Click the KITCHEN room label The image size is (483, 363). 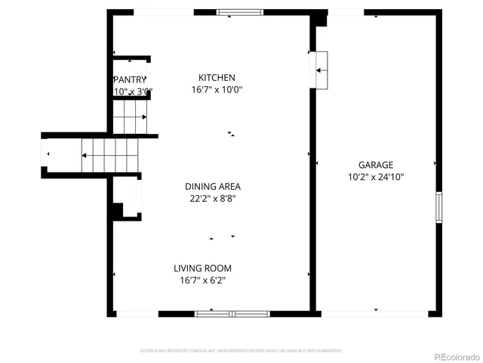(217, 78)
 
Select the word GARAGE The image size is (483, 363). (375, 165)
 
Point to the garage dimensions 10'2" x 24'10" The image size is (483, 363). (375, 177)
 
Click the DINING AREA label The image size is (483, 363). (213, 187)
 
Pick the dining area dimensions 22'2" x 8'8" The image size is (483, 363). (213, 199)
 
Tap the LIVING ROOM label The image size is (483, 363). (202, 268)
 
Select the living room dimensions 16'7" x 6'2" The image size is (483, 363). (202, 281)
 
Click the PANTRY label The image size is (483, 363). (129, 80)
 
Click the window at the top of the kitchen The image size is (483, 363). (240, 12)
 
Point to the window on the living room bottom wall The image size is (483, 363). (232, 313)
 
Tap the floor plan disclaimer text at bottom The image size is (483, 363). (241, 351)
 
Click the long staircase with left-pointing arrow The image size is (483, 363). (109, 154)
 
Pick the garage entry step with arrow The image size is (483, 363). (322, 70)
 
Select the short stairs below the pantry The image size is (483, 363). (130, 116)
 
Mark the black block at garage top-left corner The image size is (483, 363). (320, 17)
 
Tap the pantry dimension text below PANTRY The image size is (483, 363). (133, 92)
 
